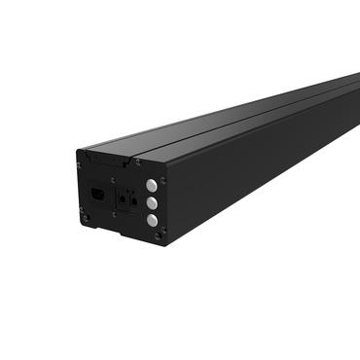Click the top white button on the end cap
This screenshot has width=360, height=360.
pyautogui.click(x=152, y=184)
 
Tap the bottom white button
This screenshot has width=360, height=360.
pyautogui.click(x=152, y=220)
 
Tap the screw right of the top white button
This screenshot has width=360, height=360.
pyautogui.click(x=162, y=181)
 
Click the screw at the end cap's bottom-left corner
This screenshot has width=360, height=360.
pyautogui.click(x=86, y=217)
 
